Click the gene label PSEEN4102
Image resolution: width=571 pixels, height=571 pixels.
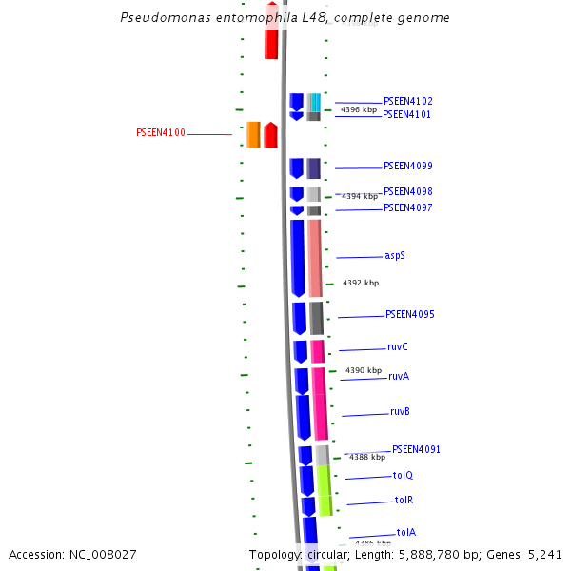407,101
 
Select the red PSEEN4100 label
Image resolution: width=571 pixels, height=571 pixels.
161,133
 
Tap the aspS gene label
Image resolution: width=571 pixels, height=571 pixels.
395,256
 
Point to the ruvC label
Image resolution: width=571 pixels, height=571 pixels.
398,347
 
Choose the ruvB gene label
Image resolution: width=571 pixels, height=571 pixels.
400,412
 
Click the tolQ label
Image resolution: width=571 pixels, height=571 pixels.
403,475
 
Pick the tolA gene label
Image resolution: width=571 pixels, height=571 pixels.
405,532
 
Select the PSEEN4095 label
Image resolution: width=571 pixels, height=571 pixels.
410,314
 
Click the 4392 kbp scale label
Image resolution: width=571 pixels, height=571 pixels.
361,283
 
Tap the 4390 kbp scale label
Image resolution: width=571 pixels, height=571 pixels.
364,370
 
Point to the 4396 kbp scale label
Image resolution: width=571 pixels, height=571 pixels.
358,110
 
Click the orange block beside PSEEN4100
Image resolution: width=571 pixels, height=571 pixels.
253,134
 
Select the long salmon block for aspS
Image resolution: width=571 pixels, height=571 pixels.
314,258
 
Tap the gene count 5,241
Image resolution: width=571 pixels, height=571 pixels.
544,554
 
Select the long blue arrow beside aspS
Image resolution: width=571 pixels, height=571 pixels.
298,258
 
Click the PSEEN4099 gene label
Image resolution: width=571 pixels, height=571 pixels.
407,166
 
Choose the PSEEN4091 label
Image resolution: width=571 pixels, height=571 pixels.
416,449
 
